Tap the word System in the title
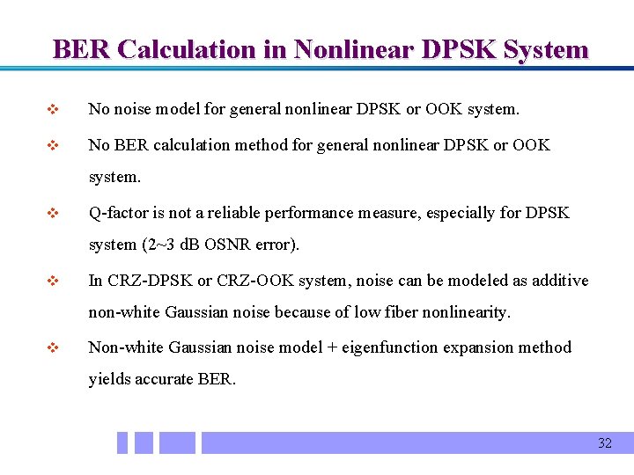tap(546, 49)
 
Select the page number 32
tap(604, 443)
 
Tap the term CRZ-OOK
tap(262, 281)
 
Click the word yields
tap(109, 380)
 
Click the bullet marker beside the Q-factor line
tap(51, 214)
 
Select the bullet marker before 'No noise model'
tap(51, 111)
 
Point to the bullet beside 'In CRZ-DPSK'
tap(51, 281)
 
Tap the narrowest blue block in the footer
tap(122, 442)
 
